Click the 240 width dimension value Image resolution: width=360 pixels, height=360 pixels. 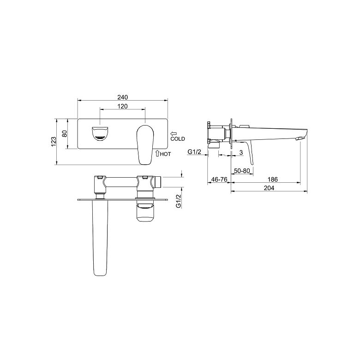123,97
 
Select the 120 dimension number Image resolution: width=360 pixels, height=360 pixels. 123,106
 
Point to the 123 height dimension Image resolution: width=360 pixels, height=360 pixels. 53,142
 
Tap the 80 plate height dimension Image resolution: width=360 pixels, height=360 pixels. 65,134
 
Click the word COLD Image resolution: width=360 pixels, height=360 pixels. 178,138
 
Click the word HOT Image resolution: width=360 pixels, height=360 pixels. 165,154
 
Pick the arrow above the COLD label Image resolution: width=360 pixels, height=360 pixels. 174,133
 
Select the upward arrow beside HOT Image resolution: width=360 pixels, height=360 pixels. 157,153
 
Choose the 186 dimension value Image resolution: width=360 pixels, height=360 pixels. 272,179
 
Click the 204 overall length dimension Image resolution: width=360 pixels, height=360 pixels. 269,188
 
